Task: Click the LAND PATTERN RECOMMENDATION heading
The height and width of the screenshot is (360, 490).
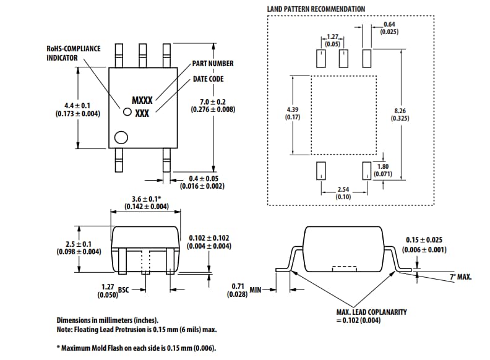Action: [316, 9]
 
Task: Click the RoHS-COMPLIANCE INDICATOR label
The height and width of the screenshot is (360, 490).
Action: [74, 53]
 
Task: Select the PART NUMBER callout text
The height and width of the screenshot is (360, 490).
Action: [212, 64]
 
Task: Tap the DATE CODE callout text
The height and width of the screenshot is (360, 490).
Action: [208, 79]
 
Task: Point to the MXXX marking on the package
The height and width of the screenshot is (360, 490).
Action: [142, 100]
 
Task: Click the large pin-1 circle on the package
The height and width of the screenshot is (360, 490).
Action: [121, 137]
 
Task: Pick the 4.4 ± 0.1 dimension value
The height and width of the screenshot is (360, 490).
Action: [78, 106]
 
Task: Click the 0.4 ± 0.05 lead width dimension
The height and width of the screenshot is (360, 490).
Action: [202, 178]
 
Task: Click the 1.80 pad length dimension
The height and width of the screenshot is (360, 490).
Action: [382, 166]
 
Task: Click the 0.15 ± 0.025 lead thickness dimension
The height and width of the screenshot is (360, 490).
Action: [424, 240]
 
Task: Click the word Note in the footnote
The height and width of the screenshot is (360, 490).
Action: [66, 329]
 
